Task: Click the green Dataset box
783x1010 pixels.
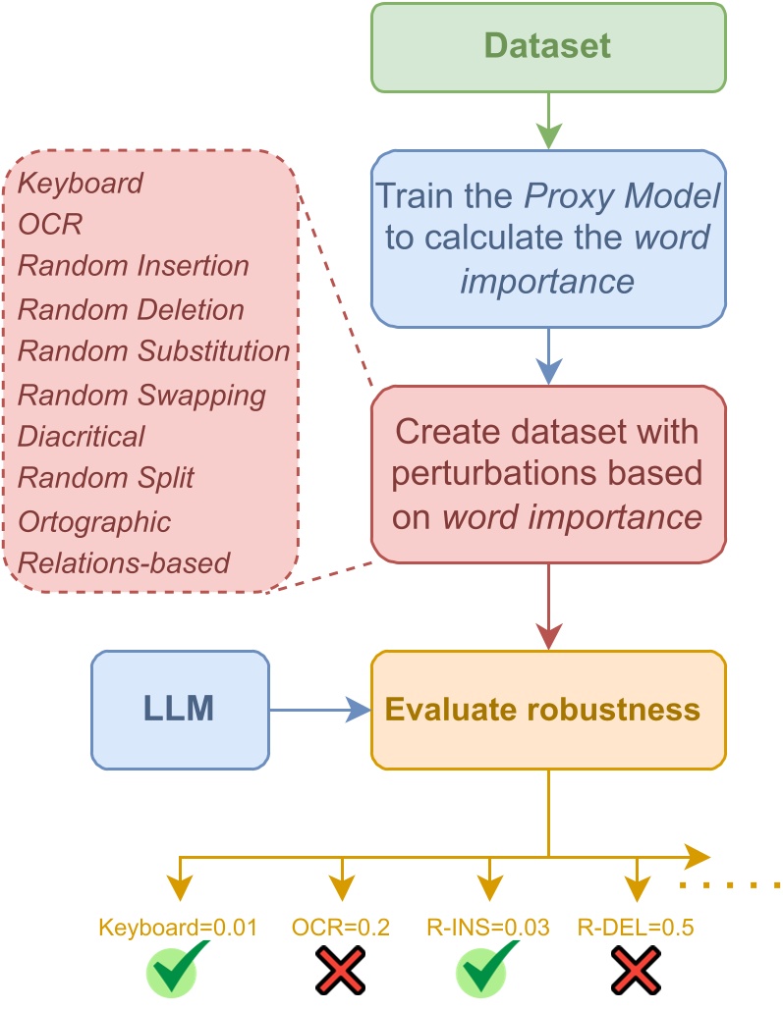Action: coord(548,47)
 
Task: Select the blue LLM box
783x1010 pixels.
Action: coord(180,709)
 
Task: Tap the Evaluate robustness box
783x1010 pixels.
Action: coord(548,709)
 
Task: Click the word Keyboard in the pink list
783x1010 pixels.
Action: coord(82,183)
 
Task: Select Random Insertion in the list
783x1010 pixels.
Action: coord(134,267)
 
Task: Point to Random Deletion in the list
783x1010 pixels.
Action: coord(132,309)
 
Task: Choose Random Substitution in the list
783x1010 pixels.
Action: coord(154,351)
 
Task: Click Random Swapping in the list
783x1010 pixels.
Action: coord(142,395)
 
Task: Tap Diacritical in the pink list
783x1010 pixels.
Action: coord(82,436)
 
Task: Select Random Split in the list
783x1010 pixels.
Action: coord(107,478)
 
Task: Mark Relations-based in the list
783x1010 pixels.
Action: coord(124,562)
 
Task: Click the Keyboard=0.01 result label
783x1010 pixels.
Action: coord(178,927)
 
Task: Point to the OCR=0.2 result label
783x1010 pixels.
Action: coord(341,927)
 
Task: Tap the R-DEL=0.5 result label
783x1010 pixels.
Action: coord(637,927)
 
